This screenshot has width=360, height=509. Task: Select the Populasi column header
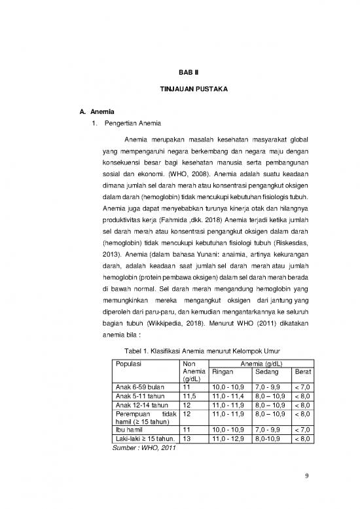click(x=129, y=362)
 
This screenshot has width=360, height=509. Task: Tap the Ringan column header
click(x=223, y=371)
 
